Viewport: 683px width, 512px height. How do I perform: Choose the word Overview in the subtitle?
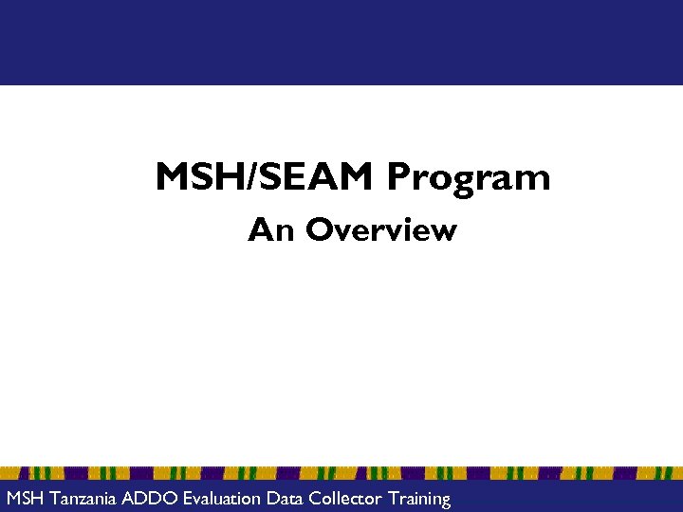[x=381, y=229]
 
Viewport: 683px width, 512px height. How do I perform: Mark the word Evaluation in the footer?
[x=224, y=498]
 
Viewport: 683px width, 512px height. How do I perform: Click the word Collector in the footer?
[x=344, y=498]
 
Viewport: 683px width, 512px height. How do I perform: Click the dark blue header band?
[x=341, y=43]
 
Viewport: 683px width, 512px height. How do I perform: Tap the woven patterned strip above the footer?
[x=341, y=472]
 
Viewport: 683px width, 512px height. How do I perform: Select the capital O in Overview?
[x=320, y=229]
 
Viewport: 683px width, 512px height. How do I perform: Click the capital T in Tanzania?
[x=53, y=498]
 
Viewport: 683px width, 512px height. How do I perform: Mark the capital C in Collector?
[x=314, y=498]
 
